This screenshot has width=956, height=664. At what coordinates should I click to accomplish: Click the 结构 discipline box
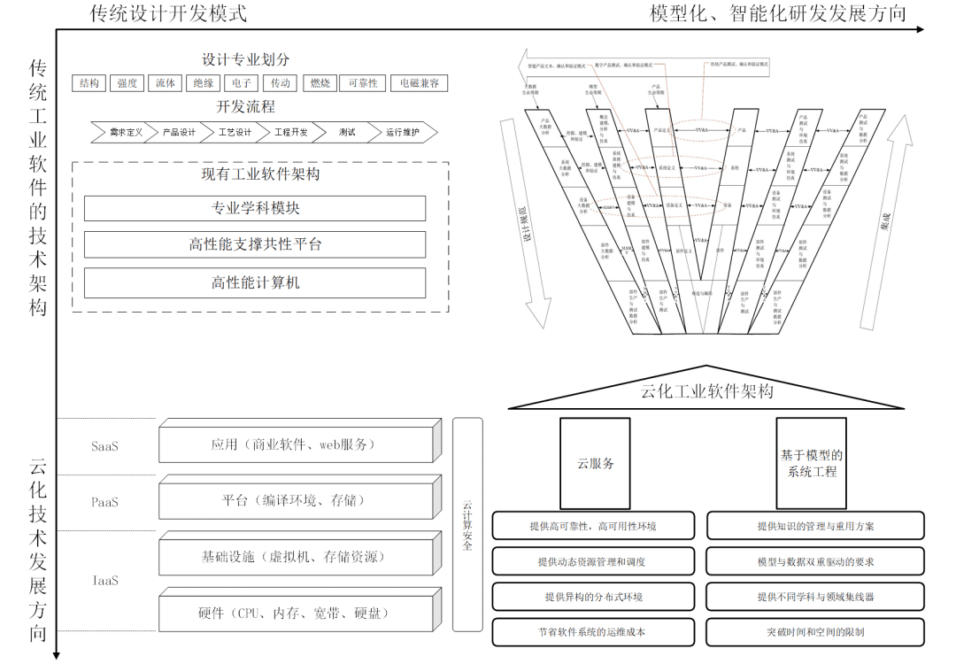click(x=89, y=83)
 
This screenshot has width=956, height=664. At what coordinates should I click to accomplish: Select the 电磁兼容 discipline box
click(x=419, y=83)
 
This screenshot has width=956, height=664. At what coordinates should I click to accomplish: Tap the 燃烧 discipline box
click(x=320, y=83)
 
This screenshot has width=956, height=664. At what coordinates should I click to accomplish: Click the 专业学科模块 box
click(x=255, y=208)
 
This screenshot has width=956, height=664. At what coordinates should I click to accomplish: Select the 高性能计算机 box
click(x=255, y=282)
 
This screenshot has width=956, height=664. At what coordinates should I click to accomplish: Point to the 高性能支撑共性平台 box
click(x=255, y=244)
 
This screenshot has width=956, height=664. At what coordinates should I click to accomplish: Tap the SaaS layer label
click(x=104, y=446)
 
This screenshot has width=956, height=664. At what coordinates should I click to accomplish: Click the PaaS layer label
click(x=104, y=502)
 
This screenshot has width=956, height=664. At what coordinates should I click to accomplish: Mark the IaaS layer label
click(x=104, y=581)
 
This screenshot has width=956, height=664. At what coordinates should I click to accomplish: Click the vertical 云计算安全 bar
click(x=467, y=524)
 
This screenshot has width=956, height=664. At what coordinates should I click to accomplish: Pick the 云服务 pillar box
click(x=595, y=463)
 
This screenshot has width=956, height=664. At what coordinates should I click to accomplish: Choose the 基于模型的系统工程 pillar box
click(x=811, y=463)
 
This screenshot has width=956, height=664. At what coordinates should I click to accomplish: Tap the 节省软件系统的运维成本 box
click(x=592, y=632)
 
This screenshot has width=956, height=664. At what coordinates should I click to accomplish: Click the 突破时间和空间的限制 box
click(x=815, y=632)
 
